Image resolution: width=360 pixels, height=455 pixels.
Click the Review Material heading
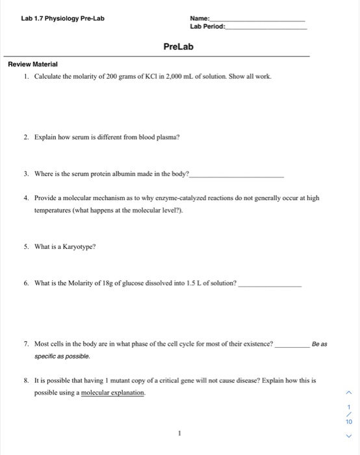pyautogui.click(x=32, y=64)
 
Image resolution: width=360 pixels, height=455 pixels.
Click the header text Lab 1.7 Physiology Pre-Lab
pyautogui.click(x=62, y=18)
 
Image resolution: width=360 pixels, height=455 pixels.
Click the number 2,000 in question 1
pyautogui.click(x=185, y=77)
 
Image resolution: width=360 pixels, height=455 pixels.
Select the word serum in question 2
pyautogui.click(x=86, y=138)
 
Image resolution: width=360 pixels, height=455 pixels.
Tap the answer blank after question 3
pyautogui.click(x=237, y=175)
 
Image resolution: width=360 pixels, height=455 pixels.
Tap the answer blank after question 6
pyautogui.click(x=270, y=285)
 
